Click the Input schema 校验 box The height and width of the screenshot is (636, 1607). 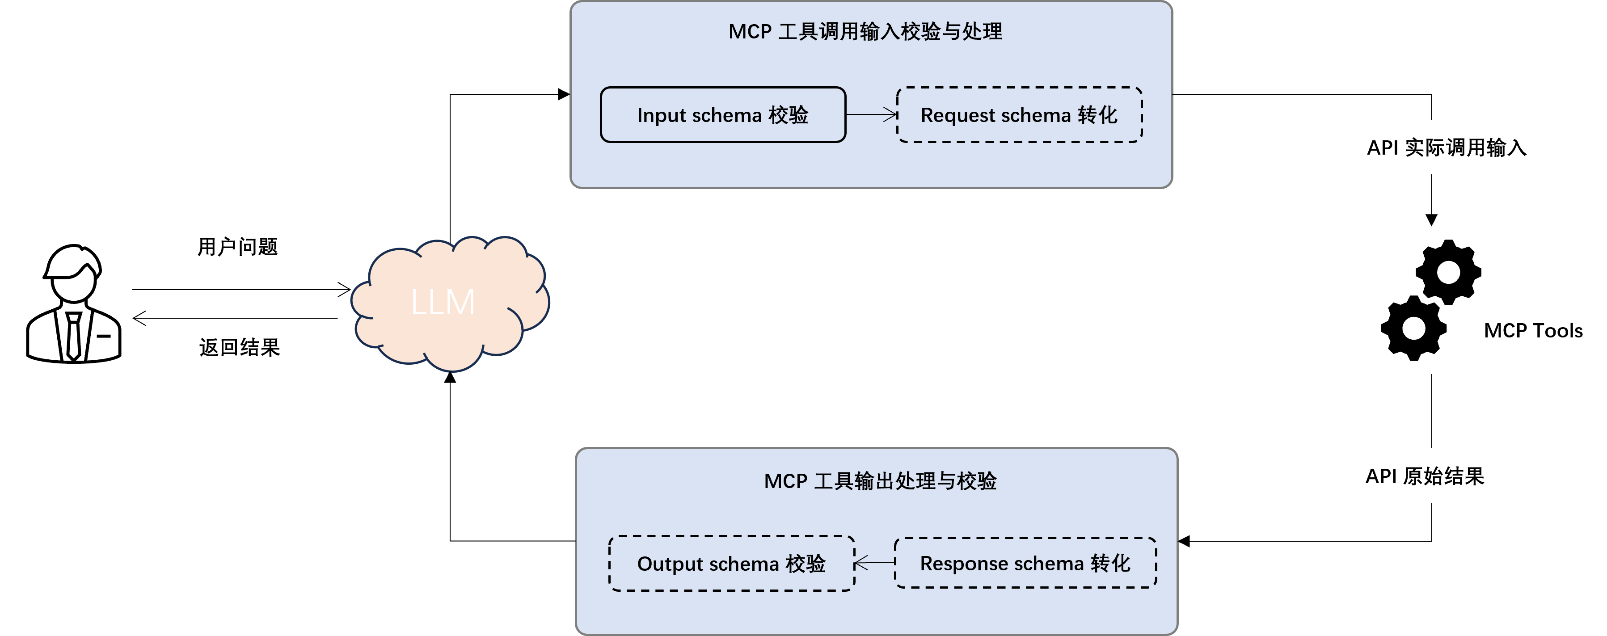point(723,115)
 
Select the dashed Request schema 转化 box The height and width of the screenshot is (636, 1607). point(1019,115)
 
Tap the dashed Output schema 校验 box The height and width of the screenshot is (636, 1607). point(731,563)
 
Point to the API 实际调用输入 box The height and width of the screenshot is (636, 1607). point(1446,147)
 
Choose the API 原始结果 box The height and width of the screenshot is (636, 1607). point(1424,476)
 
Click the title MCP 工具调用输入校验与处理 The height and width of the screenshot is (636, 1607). point(865,31)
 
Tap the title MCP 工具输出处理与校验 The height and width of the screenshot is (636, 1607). point(880,481)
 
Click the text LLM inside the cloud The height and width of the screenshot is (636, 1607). point(443,303)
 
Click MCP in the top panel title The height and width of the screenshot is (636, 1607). point(750,32)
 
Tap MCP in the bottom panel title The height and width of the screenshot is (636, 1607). point(785,481)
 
